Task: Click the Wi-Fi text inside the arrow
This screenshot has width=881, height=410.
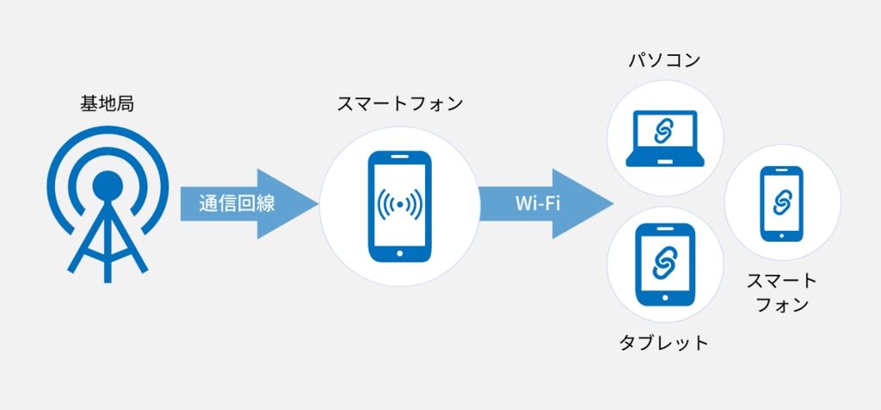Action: tap(538, 204)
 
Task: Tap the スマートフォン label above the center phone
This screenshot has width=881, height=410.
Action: tap(399, 105)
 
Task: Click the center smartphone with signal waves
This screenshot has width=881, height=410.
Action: tap(399, 207)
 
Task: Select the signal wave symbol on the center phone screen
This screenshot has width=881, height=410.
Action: tap(399, 205)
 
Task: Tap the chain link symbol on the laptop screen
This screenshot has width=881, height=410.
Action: tap(664, 131)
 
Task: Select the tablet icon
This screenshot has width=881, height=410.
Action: tap(663, 264)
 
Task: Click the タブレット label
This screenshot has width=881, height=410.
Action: tap(663, 343)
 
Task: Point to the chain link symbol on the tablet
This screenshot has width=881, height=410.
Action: tap(663, 263)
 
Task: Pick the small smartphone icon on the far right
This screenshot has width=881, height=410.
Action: tap(781, 203)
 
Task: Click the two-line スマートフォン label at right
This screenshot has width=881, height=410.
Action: tap(781, 293)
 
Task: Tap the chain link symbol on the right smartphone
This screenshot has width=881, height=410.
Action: tap(781, 202)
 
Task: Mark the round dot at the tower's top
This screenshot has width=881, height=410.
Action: tap(107, 183)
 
